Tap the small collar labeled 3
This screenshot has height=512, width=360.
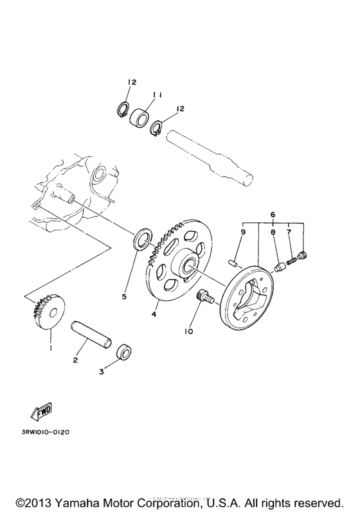tap(125, 352)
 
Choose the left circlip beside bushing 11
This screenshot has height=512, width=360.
tap(123, 110)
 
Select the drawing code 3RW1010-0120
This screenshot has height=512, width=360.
tap(45, 432)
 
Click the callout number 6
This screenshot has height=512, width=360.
tap(272, 214)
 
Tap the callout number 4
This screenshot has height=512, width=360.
tap(154, 314)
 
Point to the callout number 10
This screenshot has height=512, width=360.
tap(188, 331)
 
